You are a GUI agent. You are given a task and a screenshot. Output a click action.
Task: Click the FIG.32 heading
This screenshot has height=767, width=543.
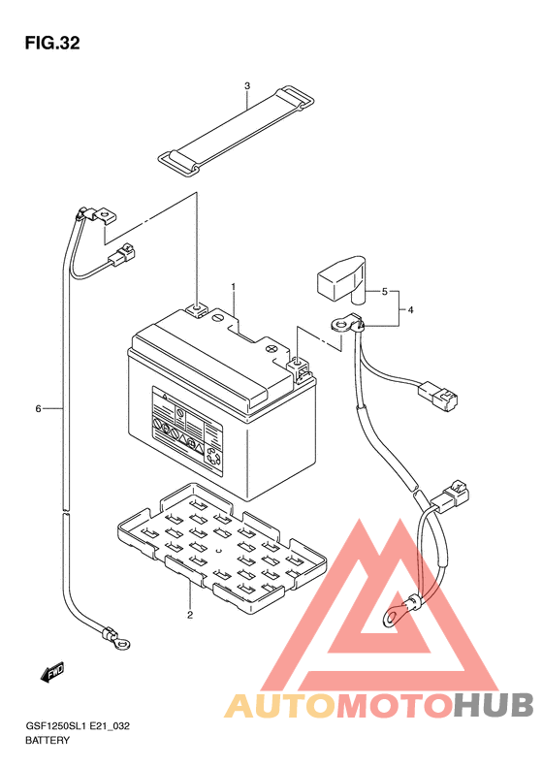click(x=52, y=43)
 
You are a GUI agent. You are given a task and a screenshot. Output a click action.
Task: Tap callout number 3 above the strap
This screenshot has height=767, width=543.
click(x=247, y=86)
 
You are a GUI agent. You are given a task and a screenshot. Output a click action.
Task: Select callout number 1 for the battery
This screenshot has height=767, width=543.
click(x=234, y=286)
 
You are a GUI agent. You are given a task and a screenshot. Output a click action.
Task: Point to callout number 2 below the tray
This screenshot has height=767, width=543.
click(x=190, y=615)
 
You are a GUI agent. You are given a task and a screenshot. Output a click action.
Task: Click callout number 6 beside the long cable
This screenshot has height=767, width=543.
click(x=38, y=408)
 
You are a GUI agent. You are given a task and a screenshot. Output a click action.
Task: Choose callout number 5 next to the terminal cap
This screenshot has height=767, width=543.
click(x=385, y=292)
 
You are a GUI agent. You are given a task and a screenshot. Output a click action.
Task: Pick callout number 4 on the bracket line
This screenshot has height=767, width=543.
click(x=410, y=309)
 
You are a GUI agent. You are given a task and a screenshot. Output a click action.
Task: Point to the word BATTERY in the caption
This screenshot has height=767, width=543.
click(x=48, y=740)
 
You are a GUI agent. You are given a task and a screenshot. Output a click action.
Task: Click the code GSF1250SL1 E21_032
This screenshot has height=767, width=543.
click(x=78, y=726)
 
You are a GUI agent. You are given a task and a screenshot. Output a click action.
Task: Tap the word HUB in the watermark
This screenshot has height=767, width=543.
click(x=493, y=706)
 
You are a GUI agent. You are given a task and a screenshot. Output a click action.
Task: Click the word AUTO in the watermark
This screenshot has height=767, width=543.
click(x=281, y=706)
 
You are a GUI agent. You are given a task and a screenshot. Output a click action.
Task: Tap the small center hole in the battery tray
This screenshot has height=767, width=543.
click(x=218, y=552)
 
